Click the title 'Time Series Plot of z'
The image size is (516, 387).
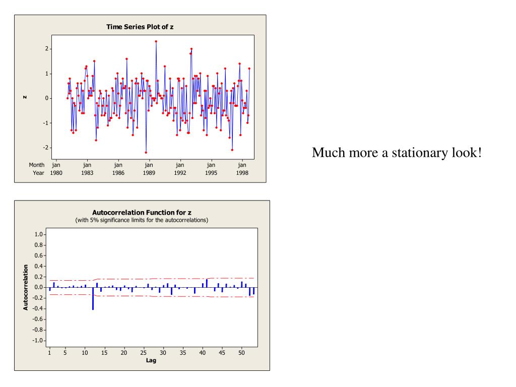pos(140,27)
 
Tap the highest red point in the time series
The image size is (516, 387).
pos(156,41)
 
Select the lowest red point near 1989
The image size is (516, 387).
pos(146,152)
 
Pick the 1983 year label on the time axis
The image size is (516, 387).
pos(87,172)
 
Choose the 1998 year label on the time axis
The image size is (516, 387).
pos(242,172)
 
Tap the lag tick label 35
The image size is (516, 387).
pos(183,353)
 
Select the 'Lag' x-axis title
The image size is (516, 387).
pos(151,360)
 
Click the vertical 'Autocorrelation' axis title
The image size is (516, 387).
pos(26,287)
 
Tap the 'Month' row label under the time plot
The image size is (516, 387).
pos(36,165)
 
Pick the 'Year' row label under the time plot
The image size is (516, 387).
pos(38,172)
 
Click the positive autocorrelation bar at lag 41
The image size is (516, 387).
pos(207,283)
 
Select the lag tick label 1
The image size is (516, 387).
pos(49,353)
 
